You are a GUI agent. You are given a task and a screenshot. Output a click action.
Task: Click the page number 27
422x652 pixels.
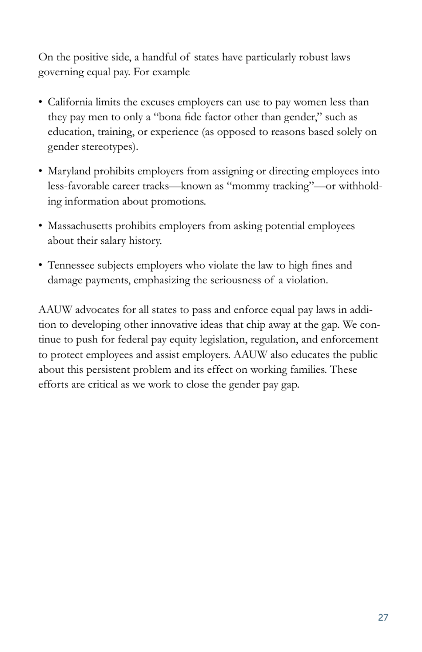383,617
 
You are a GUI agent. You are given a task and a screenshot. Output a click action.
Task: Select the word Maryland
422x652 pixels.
69,171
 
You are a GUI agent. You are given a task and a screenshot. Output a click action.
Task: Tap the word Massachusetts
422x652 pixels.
80,226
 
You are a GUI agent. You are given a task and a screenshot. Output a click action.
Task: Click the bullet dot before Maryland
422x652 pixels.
40,171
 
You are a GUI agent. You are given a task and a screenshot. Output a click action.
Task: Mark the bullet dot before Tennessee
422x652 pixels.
40,266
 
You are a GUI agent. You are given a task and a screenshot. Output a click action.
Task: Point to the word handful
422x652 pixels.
159,57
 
